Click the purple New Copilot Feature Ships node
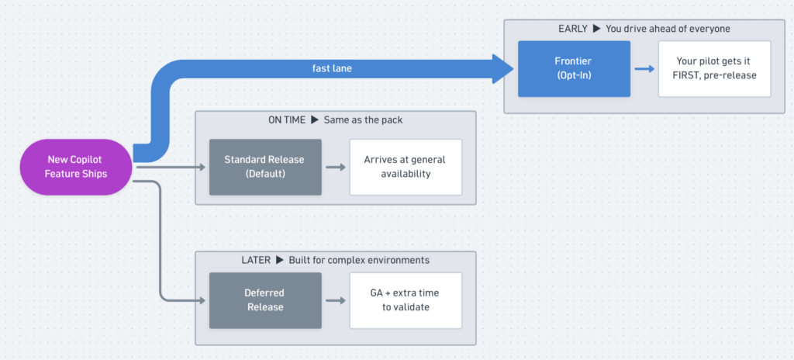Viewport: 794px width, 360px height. click(76, 167)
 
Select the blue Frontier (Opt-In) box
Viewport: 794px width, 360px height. click(574, 69)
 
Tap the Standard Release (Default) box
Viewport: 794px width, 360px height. click(265, 167)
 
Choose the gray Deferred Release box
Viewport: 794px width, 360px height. click(265, 300)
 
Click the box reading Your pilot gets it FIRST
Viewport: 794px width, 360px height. click(714, 69)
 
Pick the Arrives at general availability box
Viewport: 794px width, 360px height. click(406, 167)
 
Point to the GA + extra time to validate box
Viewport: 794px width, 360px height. click(406, 300)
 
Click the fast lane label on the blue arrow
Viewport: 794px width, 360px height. click(332, 69)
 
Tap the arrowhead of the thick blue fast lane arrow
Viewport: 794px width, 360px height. click(503, 69)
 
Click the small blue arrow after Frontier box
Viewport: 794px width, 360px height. click(644, 69)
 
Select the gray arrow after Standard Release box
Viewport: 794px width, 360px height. click(336, 167)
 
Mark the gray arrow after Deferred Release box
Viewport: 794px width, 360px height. click(336, 300)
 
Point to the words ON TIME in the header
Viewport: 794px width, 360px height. click(287, 120)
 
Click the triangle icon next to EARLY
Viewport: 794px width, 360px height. click(596, 29)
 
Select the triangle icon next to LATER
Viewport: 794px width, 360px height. click(279, 260)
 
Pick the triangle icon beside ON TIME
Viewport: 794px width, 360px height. click(315, 120)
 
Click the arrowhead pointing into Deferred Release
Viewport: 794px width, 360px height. click(202, 300)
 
